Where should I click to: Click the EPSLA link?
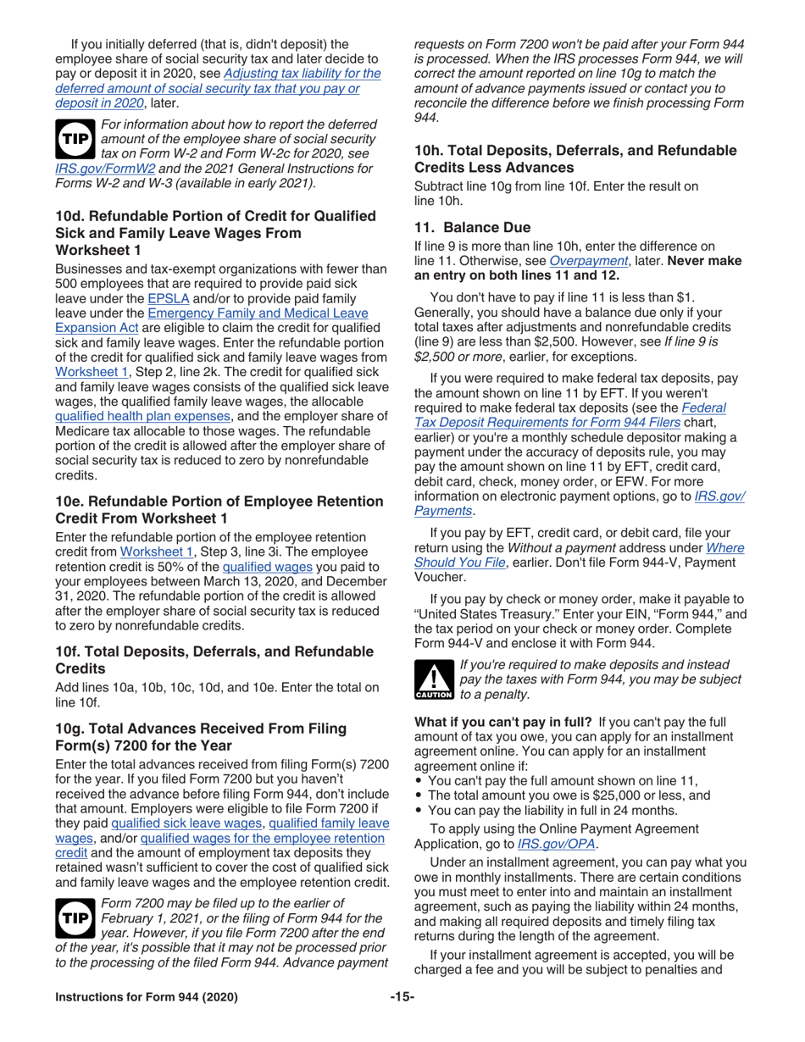pos(165,298)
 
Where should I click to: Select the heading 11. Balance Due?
pos(472,227)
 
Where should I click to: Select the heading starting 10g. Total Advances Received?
pos(200,736)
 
